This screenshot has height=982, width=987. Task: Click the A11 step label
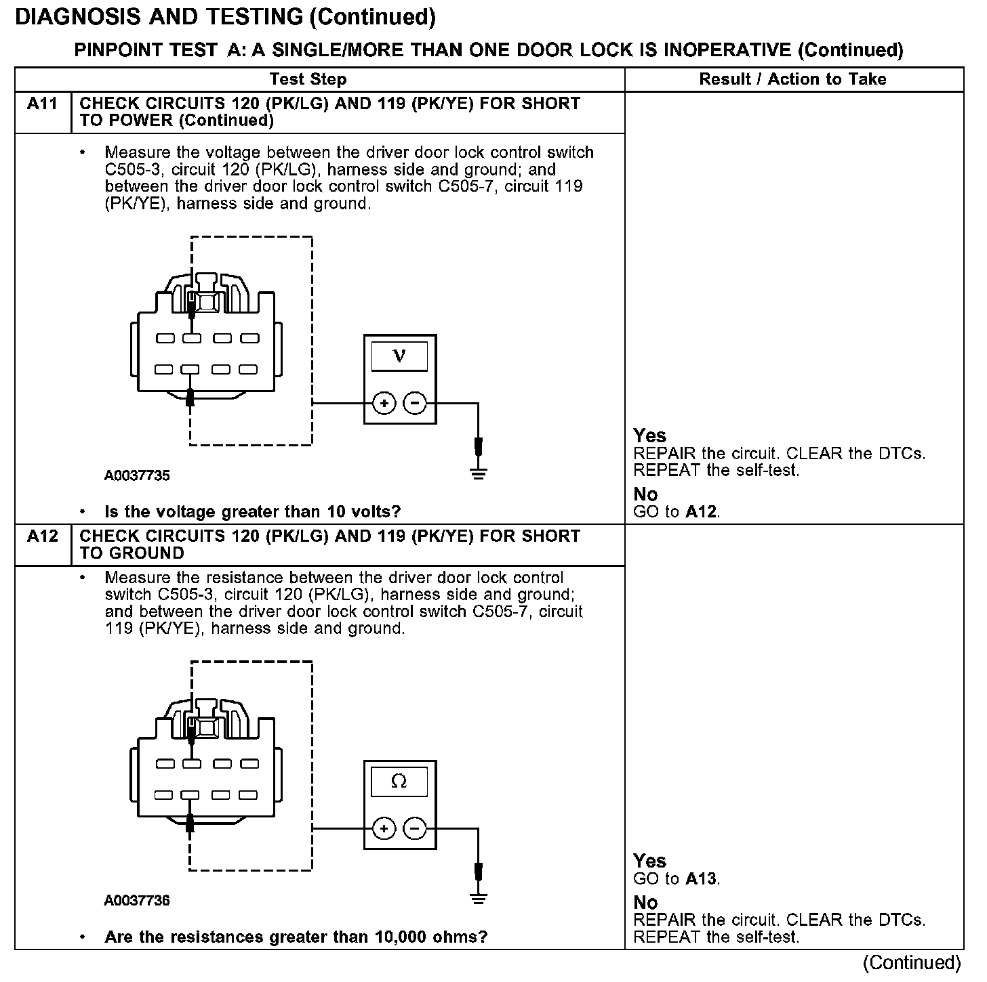[x=42, y=104]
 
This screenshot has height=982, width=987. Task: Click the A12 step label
[x=42, y=536]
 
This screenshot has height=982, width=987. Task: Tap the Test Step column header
[x=308, y=79]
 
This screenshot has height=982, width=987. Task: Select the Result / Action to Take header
[x=792, y=79]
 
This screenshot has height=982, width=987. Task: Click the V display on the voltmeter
[x=399, y=356]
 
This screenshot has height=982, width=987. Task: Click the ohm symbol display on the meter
[x=399, y=782]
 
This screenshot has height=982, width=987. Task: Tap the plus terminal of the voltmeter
[x=384, y=404]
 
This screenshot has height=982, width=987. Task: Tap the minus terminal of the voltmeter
[x=415, y=404]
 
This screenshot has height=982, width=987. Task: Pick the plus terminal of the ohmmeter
[x=384, y=829]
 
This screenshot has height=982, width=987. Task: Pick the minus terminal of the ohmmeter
[x=415, y=829]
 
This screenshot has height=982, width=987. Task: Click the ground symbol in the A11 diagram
[x=479, y=473]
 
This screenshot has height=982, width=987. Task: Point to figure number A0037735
[x=137, y=475]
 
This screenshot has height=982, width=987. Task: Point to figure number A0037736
[x=137, y=901]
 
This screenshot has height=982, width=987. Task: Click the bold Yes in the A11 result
[x=649, y=435]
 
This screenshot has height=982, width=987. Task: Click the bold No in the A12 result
[x=645, y=903]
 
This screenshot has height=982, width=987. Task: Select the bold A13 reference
[x=701, y=879]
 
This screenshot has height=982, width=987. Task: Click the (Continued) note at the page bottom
[x=912, y=962]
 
